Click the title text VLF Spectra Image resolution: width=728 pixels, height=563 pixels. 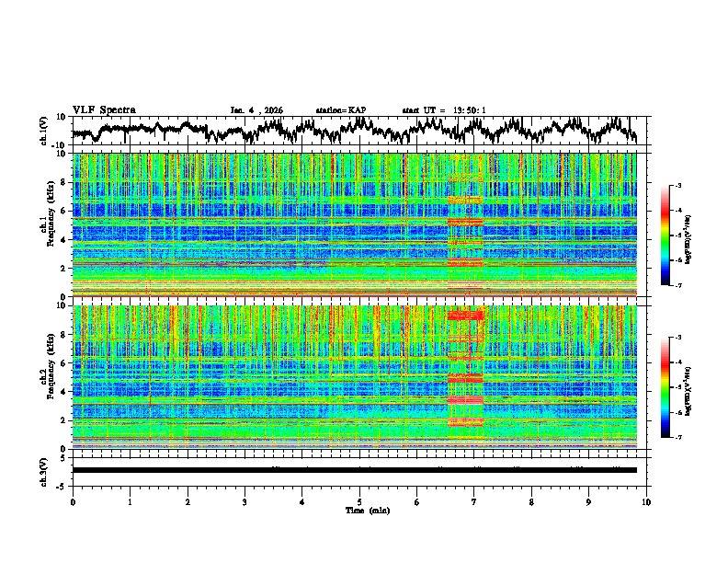click(104, 110)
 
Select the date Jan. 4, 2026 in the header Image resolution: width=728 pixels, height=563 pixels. click(256, 110)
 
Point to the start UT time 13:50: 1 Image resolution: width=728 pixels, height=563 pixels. click(444, 110)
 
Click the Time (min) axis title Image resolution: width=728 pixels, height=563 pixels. click(359, 510)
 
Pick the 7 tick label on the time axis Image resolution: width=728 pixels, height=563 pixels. click(474, 501)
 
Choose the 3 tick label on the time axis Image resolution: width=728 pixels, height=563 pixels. click(245, 501)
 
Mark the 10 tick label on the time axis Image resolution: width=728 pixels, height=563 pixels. click(646, 501)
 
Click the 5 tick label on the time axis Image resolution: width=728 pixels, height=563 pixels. click(359, 501)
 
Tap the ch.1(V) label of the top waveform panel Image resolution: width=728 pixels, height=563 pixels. click(44, 131)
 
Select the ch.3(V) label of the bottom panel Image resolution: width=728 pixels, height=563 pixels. click(44, 470)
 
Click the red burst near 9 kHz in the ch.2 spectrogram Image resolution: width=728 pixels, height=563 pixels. click(465, 316)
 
